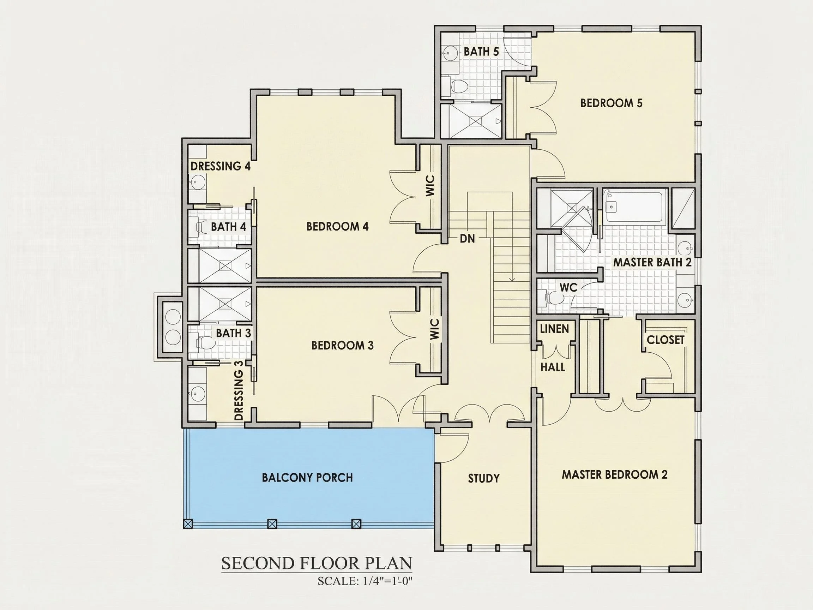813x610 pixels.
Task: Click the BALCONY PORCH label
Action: (307, 478)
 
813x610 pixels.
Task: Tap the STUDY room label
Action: (484, 478)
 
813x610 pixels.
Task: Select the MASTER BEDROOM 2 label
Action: (615, 474)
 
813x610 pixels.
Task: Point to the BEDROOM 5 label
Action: (611, 103)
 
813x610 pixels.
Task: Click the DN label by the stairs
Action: (467, 239)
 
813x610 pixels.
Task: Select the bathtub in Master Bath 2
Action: (634, 207)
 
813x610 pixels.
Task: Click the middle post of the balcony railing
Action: (272, 524)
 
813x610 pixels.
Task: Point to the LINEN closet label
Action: (554, 329)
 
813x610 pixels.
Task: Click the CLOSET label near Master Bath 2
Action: (665, 340)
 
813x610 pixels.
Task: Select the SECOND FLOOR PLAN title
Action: (317, 563)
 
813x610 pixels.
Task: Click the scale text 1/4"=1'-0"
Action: (388, 581)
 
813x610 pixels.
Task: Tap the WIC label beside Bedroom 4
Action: (430, 186)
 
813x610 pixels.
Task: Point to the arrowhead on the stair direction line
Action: (512, 280)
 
